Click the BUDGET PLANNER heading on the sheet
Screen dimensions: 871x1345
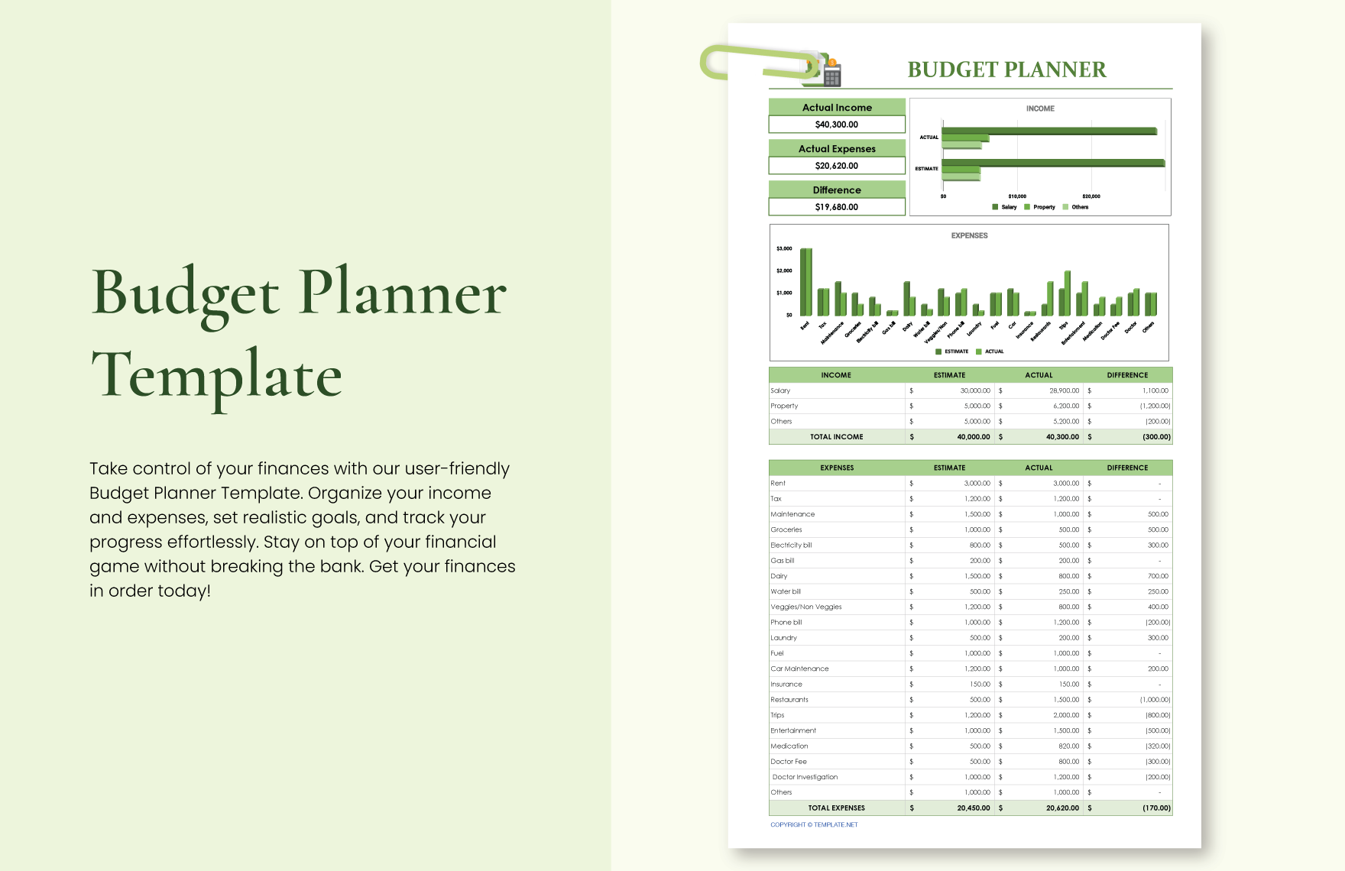click(1006, 70)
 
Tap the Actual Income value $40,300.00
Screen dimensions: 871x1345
click(836, 125)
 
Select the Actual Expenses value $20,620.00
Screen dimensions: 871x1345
click(836, 166)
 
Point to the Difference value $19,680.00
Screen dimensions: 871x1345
click(836, 207)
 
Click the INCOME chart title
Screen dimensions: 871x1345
click(1039, 108)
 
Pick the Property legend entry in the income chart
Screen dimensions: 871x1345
click(1043, 207)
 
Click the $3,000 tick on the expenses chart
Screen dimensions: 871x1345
click(784, 248)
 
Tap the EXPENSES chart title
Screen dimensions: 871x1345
click(969, 235)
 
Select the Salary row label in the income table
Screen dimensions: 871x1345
click(780, 390)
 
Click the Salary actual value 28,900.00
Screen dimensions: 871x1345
click(1064, 390)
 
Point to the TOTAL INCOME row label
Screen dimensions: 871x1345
click(836, 437)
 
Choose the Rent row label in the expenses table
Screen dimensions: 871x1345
click(778, 483)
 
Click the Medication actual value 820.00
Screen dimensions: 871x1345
click(1068, 746)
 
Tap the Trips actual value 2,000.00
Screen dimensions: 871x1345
click(1066, 715)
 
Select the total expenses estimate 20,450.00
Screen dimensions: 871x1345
click(973, 808)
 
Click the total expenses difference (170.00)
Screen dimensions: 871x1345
click(1156, 808)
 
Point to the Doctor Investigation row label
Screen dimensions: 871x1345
click(805, 777)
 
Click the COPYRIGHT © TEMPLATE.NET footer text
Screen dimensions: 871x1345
click(814, 825)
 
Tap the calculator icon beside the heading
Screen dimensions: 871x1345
click(831, 75)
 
